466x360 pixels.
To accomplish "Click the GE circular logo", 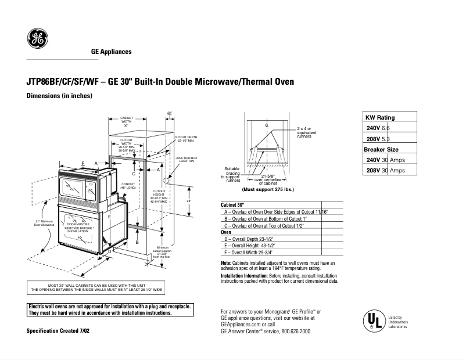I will pyautogui.click(x=38, y=39).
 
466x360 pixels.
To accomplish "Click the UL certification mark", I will pyautogui.click(x=373, y=321).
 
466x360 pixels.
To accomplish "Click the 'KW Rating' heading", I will pyautogui.click(x=380, y=117).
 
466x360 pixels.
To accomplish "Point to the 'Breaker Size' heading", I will pyautogui.click(x=381, y=149).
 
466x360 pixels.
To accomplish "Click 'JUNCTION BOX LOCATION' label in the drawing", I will pyautogui.click(x=187, y=159).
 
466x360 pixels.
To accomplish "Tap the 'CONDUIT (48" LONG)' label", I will pyautogui.click(x=128, y=187).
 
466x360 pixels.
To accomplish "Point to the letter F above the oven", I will pyautogui.click(x=83, y=163).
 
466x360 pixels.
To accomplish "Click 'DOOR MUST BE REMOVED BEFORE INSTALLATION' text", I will pyautogui.click(x=78, y=227).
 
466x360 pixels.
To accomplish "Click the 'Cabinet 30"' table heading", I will pyautogui.click(x=233, y=206).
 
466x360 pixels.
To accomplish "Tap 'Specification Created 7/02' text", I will pyautogui.click(x=58, y=330).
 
